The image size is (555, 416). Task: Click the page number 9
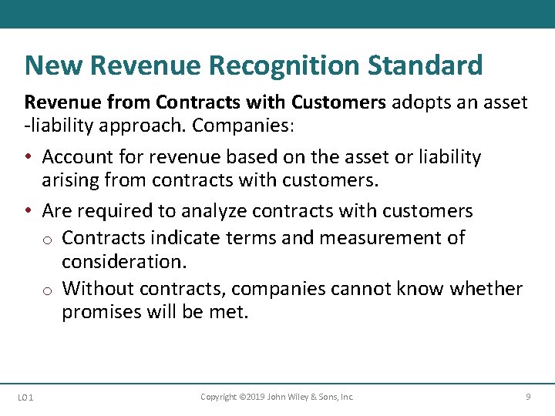tap(528, 397)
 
